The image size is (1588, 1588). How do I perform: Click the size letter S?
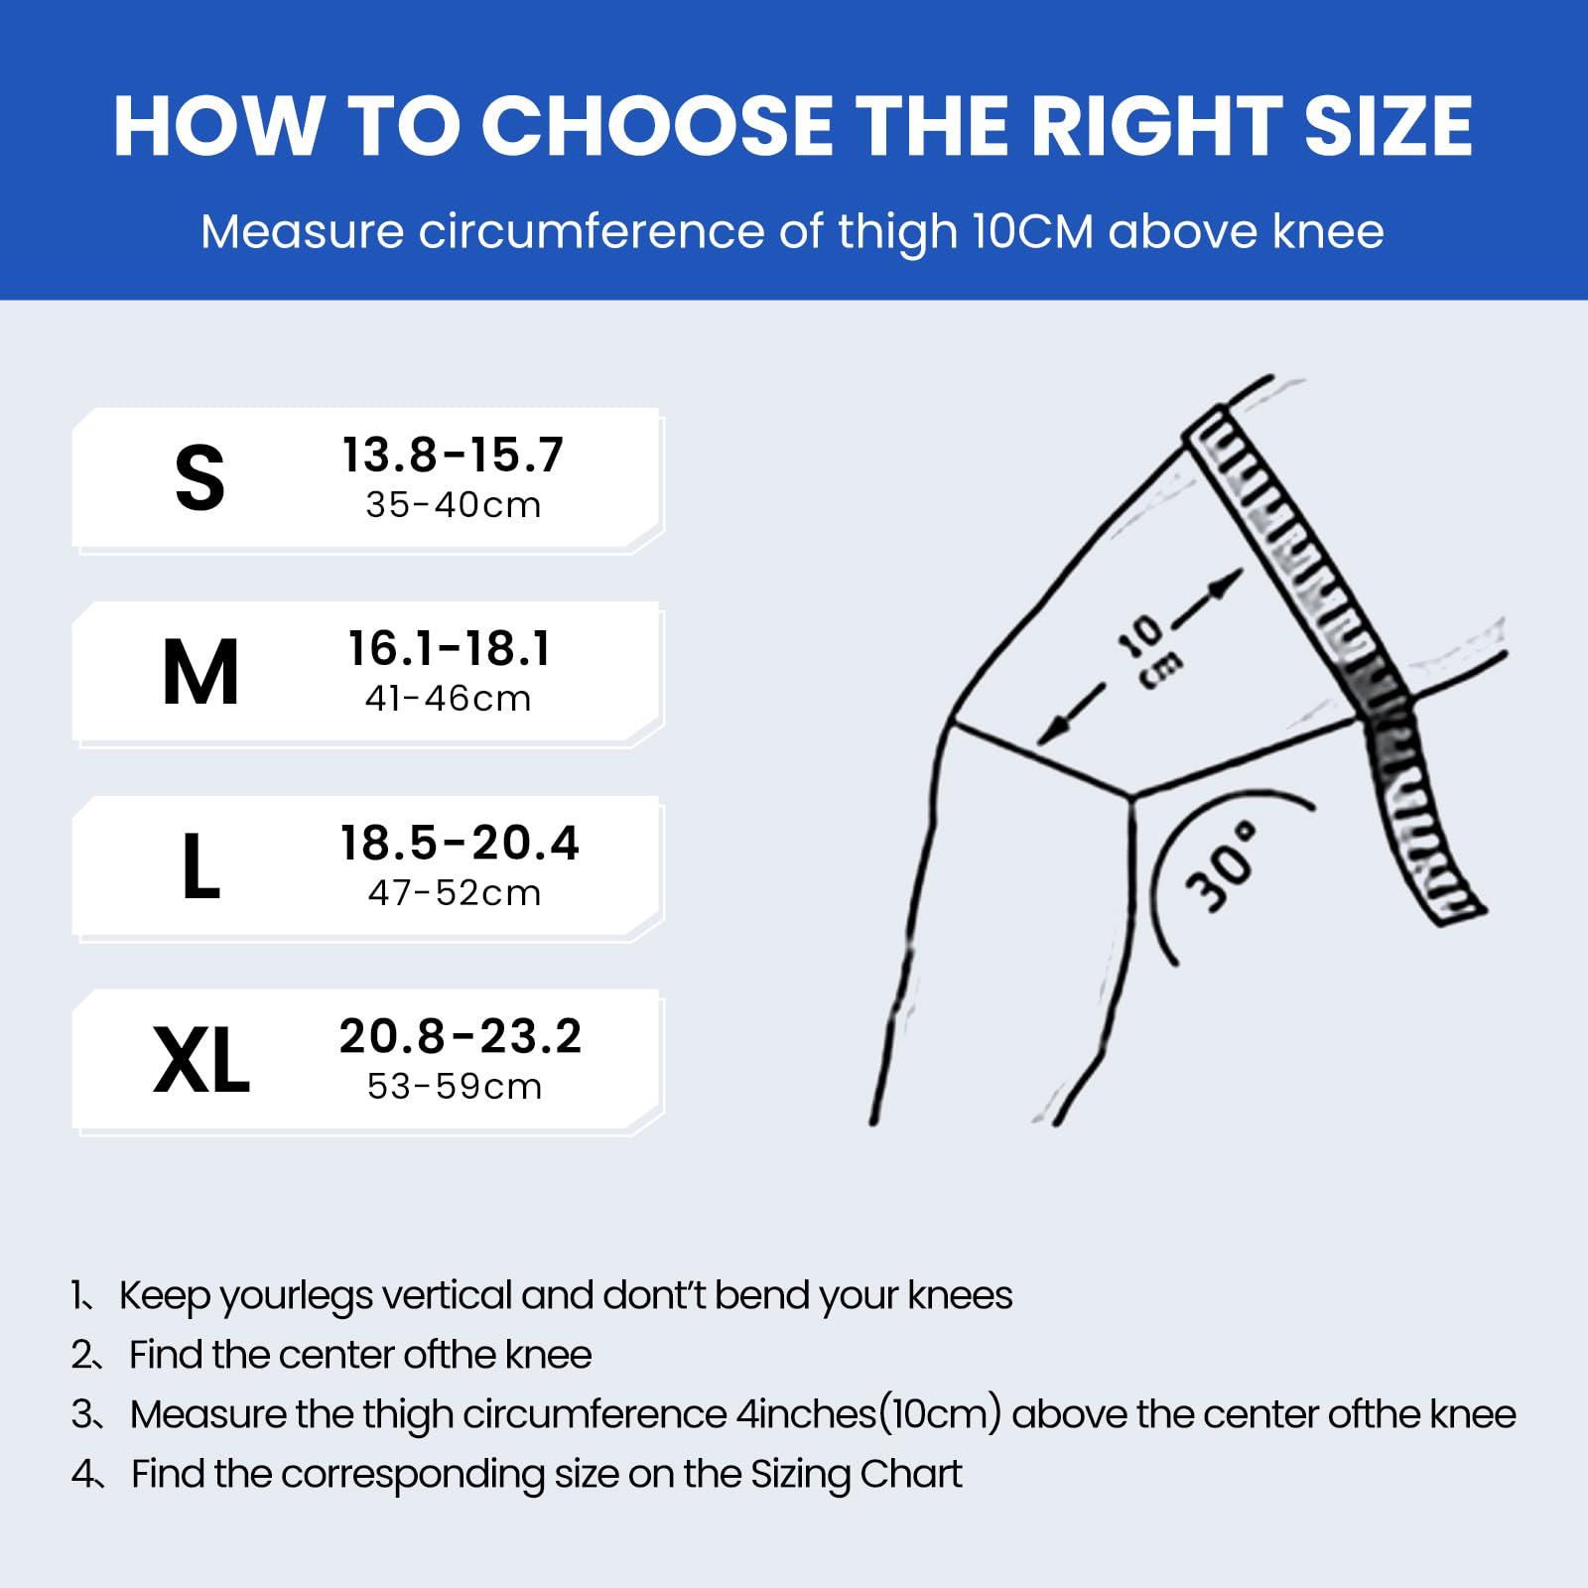[199, 477]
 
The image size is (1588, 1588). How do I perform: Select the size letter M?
[200, 672]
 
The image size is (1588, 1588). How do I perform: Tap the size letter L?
[201, 865]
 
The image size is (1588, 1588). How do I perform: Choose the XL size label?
[201, 1060]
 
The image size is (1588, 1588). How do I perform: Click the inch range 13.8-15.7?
[454, 455]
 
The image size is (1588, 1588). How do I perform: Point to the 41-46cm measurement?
[449, 699]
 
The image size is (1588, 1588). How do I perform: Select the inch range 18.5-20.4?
[460, 843]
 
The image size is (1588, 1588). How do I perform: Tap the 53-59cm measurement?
[455, 1087]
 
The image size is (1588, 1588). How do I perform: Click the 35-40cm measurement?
[454, 505]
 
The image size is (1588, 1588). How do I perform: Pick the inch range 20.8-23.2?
[461, 1036]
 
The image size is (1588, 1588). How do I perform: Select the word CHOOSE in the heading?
[658, 126]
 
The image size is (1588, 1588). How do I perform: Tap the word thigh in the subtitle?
[898, 232]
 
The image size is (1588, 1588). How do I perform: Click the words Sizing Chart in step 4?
[857, 1475]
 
